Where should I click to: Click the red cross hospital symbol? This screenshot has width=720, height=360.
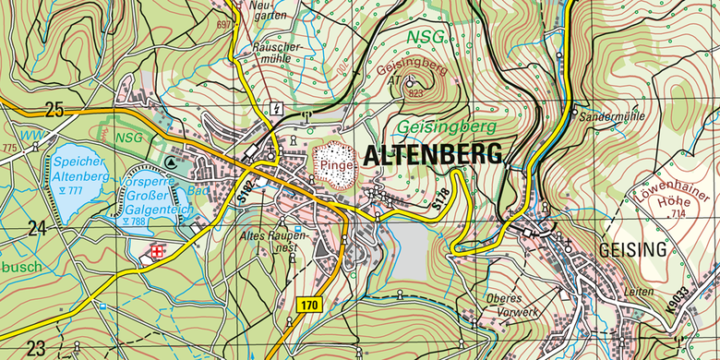(158, 250)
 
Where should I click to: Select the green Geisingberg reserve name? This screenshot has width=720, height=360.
(448, 126)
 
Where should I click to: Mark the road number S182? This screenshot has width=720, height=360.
(244, 188)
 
